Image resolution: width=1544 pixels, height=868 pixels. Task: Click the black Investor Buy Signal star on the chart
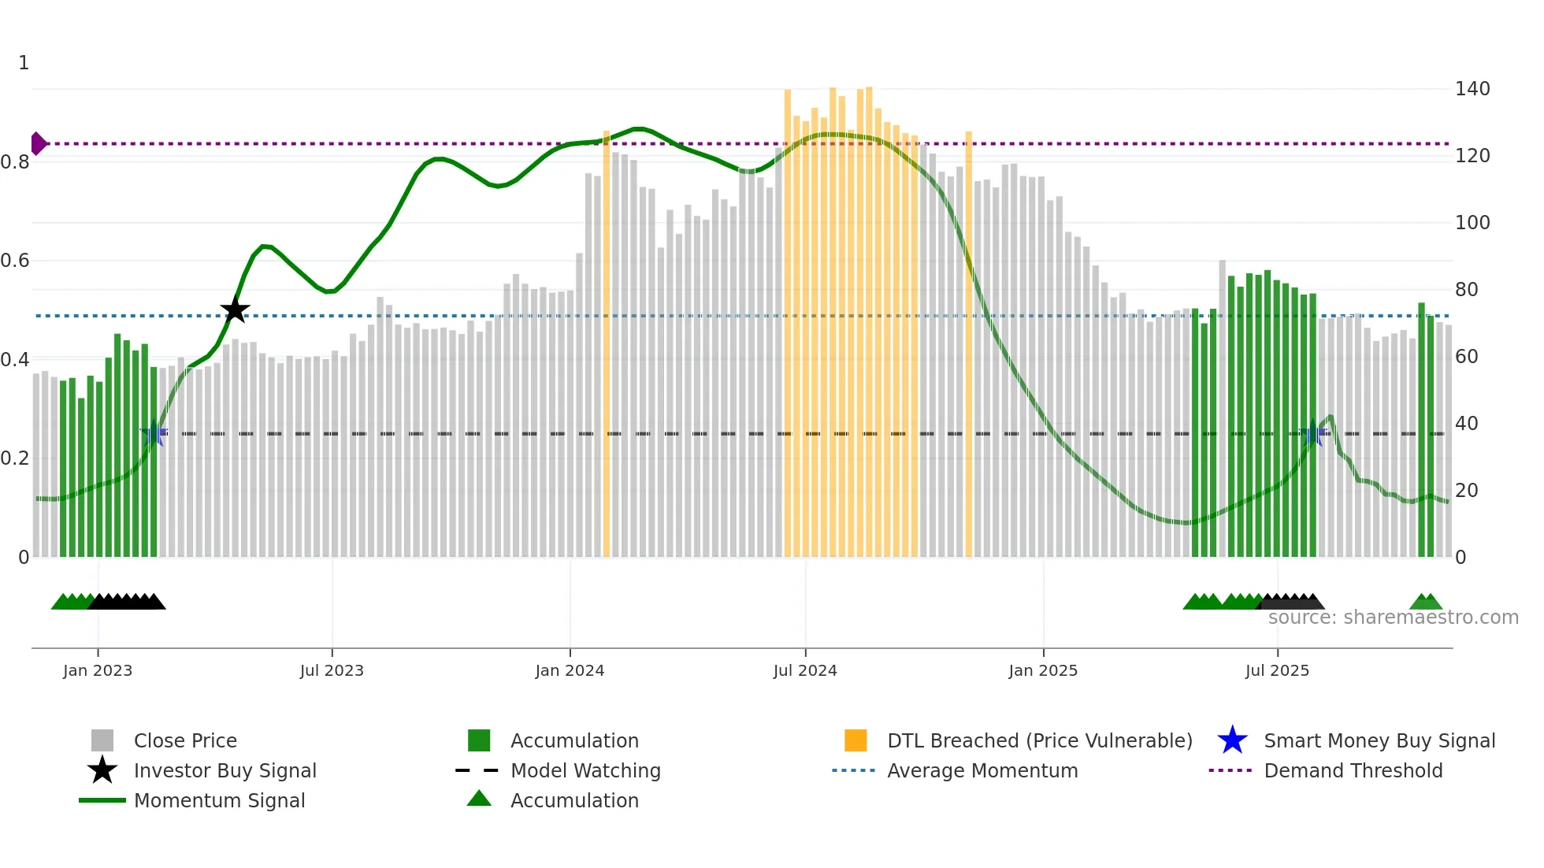pyautogui.click(x=235, y=310)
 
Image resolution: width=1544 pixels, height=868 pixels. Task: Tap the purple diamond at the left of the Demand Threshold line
pyautogui.click(x=38, y=143)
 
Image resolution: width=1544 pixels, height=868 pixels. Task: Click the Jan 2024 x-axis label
pyautogui.click(x=570, y=670)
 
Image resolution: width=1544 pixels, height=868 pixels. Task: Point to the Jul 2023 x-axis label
pyautogui.click(x=332, y=670)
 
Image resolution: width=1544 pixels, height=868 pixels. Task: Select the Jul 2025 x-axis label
pyautogui.click(x=1277, y=670)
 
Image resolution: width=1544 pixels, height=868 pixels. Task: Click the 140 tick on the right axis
pyautogui.click(x=1472, y=89)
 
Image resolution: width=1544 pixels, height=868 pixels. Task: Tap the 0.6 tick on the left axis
pyautogui.click(x=16, y=261)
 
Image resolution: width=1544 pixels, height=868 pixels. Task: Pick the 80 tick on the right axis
pyautogui.click(x=1466, y=290)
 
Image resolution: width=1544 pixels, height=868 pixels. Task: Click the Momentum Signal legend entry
pyautogui.click(x=219, y=800)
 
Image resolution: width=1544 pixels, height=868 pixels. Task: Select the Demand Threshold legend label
pyautogui.click(x=1353, y=770)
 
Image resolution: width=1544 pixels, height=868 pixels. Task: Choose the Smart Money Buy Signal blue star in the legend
pyautogui.click(x=1232, y=740)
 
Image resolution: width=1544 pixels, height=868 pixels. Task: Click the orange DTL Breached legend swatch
pyautogui.click(x=856, y=740)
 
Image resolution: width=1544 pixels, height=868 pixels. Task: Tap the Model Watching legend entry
pyautogui.click(x=585, y=770)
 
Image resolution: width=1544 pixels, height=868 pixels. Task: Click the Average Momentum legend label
pyautogui.click(x=982, y=770)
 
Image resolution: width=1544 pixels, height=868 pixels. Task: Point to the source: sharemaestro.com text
pyautogui.click(x=1393, y=618)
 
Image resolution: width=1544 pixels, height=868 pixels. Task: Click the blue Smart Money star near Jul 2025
pyautogui.click(x=1312, y=435)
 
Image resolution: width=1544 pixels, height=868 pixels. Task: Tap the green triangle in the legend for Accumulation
pyautogui.click(x=479, y=799)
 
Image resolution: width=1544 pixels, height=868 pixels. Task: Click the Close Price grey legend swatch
pyautogui.click(x=102, y=740)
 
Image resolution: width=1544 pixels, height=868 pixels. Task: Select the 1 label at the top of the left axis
pyautogui.click(x=24, y=63)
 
